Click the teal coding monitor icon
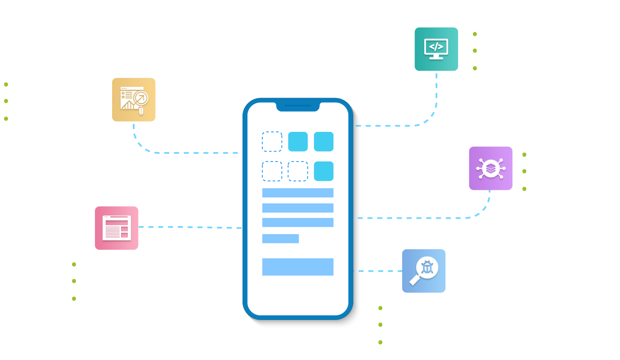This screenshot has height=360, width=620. (436, 49)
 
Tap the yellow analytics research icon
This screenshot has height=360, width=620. (134, 99)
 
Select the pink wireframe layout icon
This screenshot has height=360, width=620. (117, 228)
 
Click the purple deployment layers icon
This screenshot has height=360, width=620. (490, 168)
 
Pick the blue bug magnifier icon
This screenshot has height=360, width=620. (424, 270)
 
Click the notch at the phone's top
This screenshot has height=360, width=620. (298, 107)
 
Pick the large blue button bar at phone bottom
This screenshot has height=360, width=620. (298, 267)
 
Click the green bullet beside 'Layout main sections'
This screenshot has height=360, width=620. (475, 51)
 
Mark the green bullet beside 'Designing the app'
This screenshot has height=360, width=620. (74, 298)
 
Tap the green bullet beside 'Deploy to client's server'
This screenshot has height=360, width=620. (524, 171)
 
